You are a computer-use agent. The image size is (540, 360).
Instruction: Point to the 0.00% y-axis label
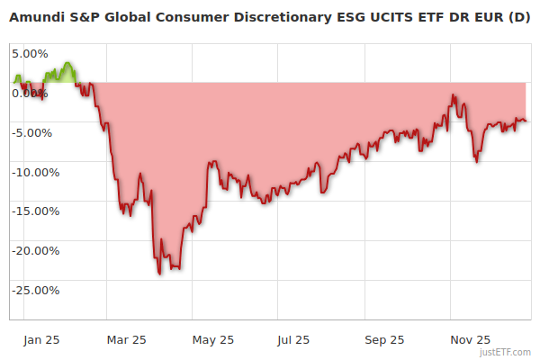29,93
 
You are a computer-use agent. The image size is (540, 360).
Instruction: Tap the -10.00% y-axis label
34,172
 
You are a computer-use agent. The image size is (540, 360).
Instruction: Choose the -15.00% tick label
34,211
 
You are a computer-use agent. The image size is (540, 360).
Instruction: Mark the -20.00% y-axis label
34,251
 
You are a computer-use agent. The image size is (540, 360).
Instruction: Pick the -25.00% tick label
34,291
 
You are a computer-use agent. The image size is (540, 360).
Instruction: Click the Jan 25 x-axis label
41,339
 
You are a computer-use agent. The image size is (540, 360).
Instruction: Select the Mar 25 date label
126,339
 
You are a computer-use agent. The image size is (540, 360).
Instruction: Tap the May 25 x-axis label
213,339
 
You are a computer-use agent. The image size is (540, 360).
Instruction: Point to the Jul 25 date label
293,339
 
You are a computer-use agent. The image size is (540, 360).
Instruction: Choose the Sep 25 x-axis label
384,339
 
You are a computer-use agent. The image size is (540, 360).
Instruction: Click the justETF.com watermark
506,352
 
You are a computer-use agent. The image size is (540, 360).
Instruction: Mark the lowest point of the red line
159,274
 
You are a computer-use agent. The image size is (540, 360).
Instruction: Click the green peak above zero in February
68,64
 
